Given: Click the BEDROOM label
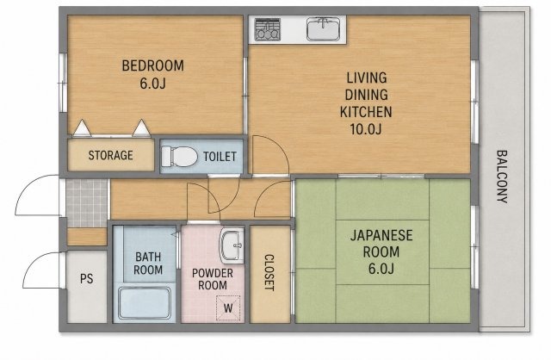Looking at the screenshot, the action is tap(153, 65).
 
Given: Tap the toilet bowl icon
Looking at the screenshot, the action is tap(180, 156).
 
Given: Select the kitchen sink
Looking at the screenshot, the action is tap(324, 28).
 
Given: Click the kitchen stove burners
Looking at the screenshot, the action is tap(268, 29).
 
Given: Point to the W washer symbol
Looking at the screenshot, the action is tap(228, 308).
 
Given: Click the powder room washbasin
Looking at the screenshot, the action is tap(232, 245).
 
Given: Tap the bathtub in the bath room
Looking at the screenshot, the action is tap(145, 303).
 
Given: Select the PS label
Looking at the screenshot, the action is tap(86, 279).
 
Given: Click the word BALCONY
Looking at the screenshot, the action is tap(502, 177).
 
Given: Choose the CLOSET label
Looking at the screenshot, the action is tap(269, 272).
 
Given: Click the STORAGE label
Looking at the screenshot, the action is tap(111, 155).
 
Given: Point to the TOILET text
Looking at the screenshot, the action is tap(220, 157).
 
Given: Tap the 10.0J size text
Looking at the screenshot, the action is tap(365, 129).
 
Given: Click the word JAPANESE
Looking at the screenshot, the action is tap(381, 235).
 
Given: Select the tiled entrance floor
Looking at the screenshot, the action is tap(87, 203).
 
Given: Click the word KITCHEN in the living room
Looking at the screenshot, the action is tap(366, 112).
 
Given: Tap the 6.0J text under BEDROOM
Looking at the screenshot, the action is tap(153, 84).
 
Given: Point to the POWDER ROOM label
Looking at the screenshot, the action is tap(213, 279).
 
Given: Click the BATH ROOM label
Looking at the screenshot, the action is tap(148, 264).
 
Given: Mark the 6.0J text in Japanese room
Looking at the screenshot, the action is tap(381, 269).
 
